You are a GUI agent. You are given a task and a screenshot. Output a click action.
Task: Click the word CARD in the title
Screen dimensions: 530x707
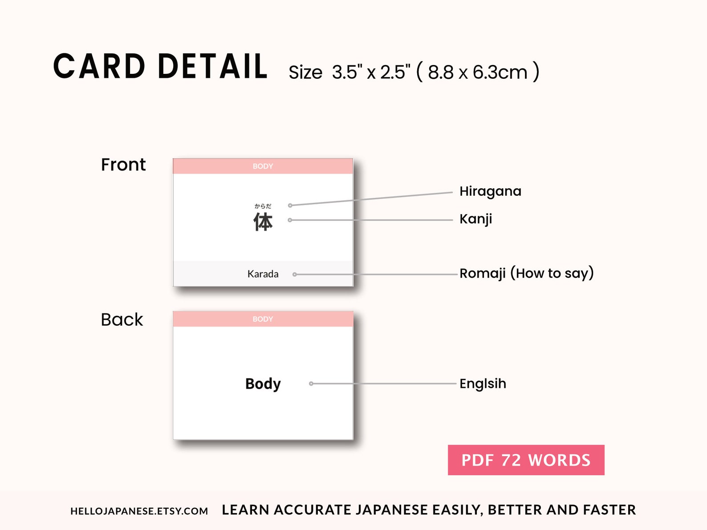pos(99,67)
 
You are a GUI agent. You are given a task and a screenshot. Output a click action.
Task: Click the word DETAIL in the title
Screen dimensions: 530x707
pos(213,67)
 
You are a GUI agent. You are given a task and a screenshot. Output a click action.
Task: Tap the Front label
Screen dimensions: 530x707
pos(123,165)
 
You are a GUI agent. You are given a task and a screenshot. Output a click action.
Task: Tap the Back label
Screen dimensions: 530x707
pos(122,320)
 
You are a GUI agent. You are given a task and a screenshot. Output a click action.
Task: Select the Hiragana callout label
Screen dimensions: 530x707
pos(490,191)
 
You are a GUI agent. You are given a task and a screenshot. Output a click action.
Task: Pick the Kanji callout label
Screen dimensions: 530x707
pos(475,219)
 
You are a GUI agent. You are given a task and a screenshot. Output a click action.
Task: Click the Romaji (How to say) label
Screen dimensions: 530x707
pos(526,273)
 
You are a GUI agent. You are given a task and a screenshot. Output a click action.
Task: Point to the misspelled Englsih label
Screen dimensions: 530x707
pos(483,384)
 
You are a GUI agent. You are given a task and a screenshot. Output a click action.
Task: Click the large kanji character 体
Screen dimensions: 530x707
pos(263,222)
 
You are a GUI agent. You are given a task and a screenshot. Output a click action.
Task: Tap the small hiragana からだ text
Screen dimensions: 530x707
pos(263,206)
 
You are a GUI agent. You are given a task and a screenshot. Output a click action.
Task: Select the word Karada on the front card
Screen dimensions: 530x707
pos(263,274)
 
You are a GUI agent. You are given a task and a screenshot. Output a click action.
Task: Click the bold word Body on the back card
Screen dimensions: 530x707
pos(263,384)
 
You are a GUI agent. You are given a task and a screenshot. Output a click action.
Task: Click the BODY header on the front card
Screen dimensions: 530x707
pos(263,166)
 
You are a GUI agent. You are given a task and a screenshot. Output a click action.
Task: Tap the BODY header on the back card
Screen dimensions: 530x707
pos(263,319)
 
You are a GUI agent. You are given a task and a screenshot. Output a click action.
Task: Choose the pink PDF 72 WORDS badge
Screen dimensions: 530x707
pos(526,460)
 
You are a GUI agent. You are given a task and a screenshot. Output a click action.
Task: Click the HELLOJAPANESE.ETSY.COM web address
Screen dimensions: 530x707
pos(139,511)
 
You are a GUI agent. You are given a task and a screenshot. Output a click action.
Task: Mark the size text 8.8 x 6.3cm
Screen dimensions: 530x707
pos(478,72)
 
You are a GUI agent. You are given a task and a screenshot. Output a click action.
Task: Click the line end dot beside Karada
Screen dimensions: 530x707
pos(294,275)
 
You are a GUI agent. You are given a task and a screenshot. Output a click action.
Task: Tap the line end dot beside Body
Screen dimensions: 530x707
pos(311,384)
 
